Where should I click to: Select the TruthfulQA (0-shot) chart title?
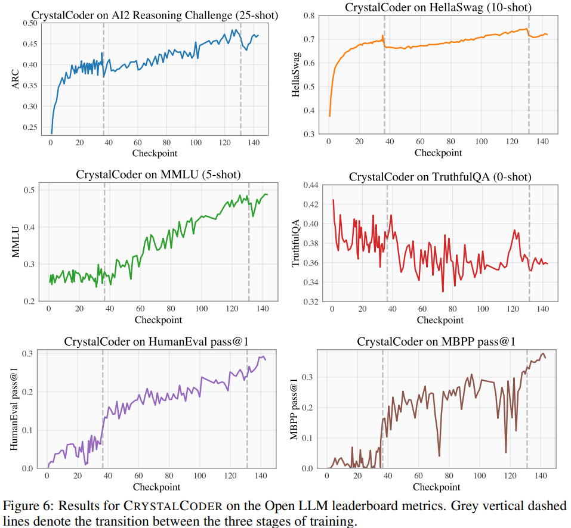pyautogui.click(x=440, y=177)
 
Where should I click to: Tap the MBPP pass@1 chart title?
pyautogui.click(x=436, y=341)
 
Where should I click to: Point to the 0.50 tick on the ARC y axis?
pyautogui.click(x=29, y=23)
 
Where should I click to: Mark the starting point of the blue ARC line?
pyautogui.click(x=51, y=133)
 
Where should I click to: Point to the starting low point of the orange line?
pyautogui.click(x=329, y=116)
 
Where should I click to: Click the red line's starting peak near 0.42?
pyautogui.click(x=332, y=200)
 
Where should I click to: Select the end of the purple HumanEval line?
pyautogui.click(x=266, y=360)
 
